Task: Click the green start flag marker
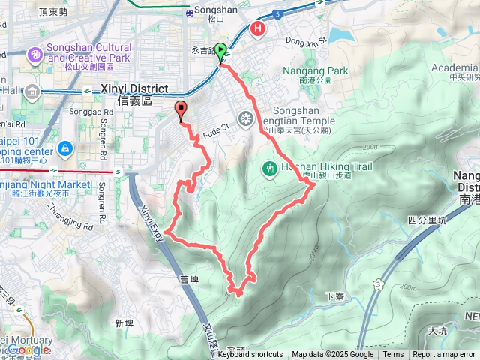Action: click(x=221, y=53)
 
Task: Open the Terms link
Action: click(x=393, y=355)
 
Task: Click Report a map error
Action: click(x=444, y=355)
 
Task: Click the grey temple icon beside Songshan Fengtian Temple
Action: click(x=244, y=118)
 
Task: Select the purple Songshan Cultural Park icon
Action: click(x=34, y=54)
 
